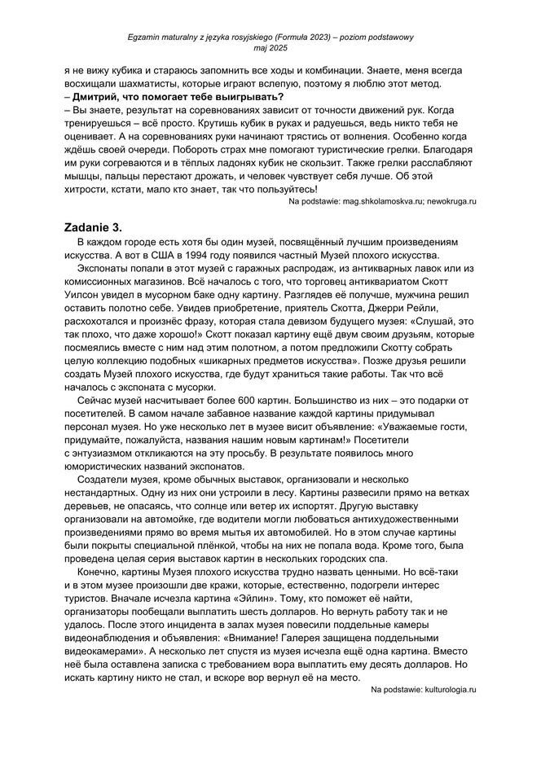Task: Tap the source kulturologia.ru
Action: pyautogui.click(x=444, y=690)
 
